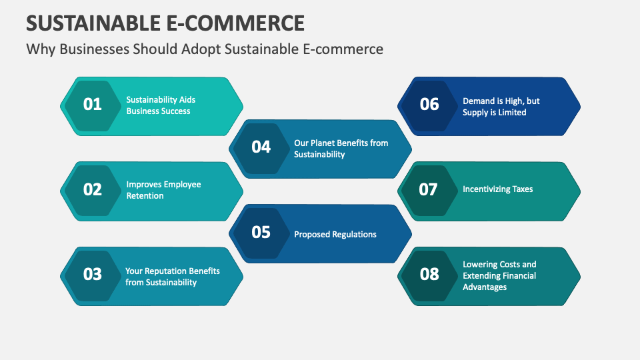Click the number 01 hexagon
93,105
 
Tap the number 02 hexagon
93,190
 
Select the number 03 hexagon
93,275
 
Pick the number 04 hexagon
261,147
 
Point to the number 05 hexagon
261,233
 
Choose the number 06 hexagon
429,105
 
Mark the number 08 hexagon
429,275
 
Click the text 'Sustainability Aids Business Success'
161,105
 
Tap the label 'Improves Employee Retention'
163,190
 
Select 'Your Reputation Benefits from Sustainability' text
172,277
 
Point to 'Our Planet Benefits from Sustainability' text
341,149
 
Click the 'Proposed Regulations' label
335,234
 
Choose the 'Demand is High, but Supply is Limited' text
501,107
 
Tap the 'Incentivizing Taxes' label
497,189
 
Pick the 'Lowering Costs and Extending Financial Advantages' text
499,275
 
